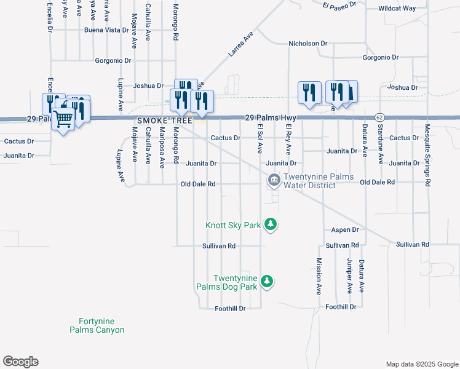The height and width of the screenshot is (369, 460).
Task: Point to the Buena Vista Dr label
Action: tap(101, 30)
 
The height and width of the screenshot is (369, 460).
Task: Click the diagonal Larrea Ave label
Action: tap(240, 46)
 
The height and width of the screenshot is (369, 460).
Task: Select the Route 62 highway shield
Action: tap(379, 117)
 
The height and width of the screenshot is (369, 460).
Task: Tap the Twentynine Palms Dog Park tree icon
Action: tap(266, 282)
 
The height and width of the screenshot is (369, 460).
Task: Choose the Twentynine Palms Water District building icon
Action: tap(274, 181)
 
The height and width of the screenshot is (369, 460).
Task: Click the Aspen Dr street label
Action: tap(344, 229)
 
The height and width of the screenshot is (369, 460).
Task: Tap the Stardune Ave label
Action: tap(381, 144)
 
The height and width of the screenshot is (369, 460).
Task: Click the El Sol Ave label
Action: tap(260, 139)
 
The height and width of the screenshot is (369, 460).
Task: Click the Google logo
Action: tap(21, 362)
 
